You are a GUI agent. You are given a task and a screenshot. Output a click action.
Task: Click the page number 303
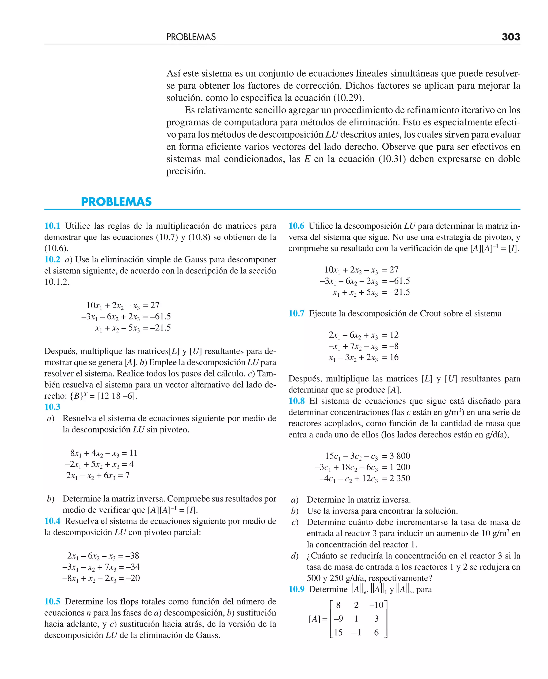(511, 37)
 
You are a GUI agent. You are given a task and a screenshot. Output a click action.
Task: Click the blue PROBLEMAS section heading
(116, 202)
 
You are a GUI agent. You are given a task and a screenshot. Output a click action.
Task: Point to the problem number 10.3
(52, 407)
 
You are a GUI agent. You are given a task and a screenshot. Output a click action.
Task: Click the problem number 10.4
(52, 521)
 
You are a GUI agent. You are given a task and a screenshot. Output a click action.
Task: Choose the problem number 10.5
(52, 601)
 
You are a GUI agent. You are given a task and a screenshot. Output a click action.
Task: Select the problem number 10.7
(296, 313)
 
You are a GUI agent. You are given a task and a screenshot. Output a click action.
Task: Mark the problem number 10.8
(296, 401)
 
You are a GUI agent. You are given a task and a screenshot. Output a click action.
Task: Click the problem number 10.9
(296, 589)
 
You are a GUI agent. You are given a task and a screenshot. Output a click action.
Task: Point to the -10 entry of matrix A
(376, 605)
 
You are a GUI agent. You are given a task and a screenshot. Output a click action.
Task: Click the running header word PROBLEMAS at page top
(191, 37)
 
